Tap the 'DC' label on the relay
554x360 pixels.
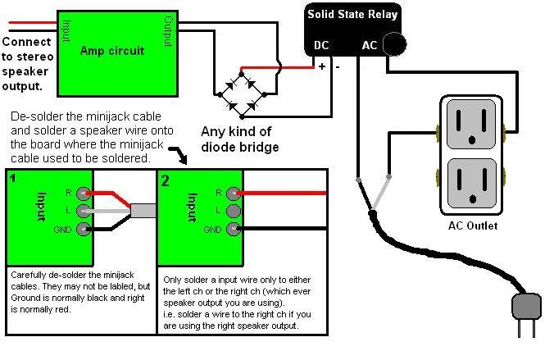coord(322,46)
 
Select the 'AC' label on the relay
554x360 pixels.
coord(370,46)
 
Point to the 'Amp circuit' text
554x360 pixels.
coord(112,51)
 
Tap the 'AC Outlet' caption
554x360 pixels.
coord(472,226)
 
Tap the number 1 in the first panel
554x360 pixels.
coord(12,176)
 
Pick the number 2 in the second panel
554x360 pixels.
coord(165,180)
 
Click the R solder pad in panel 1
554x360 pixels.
coord(81,194)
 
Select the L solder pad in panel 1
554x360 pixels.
coord(81,211)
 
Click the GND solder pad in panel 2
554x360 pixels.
coord(234,229)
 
